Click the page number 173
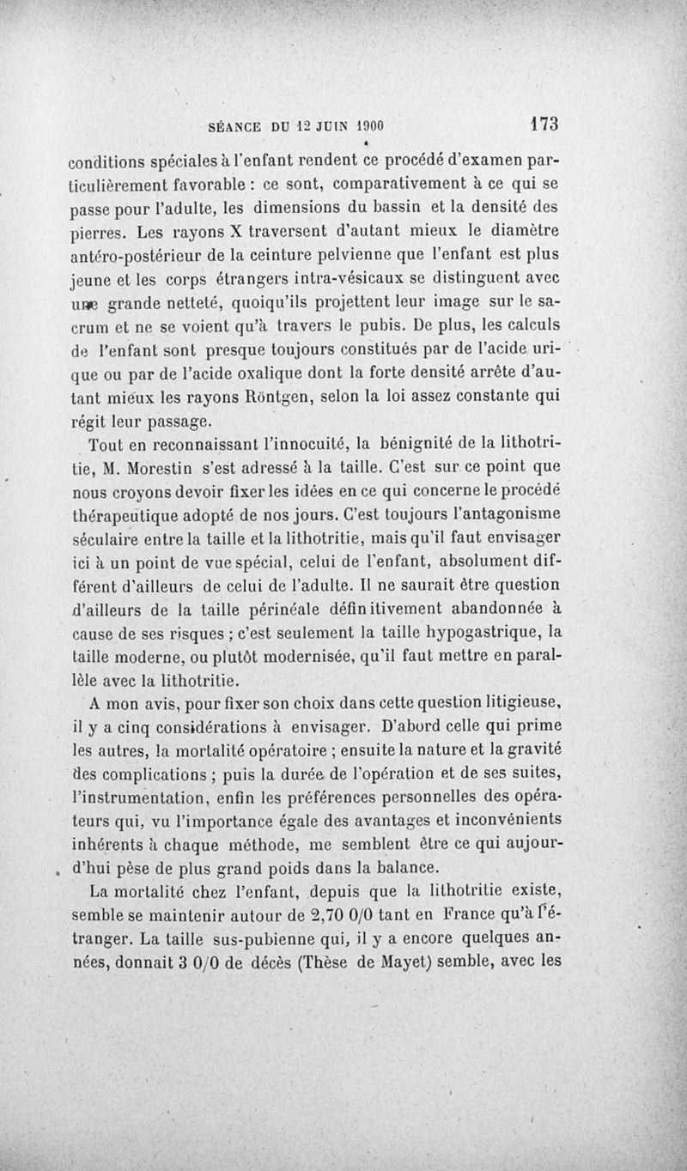[x=544, y=124]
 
